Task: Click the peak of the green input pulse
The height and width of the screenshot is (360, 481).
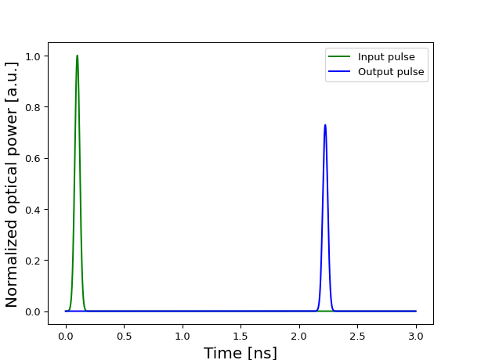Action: (x=77, y=56)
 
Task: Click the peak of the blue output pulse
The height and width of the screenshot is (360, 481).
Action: (x=325, y=125)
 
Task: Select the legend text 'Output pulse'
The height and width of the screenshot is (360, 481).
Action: (x=391, y=72)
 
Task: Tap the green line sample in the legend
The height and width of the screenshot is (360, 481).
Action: (x=340, y=57)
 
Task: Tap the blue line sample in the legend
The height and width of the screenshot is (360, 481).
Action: (x=340, y=72)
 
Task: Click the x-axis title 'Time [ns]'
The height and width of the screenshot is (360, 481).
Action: (x=240, y=353)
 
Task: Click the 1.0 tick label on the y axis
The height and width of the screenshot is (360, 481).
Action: (x=34, y=56)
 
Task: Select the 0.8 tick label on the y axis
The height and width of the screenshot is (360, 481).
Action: (x=34, y=107)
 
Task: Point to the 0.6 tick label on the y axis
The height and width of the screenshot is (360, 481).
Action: (x=34, y=158)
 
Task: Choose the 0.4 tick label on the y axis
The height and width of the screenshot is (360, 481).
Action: (x=34, y=210)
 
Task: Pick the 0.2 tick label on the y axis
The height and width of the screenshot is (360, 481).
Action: (x=34, y=261)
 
